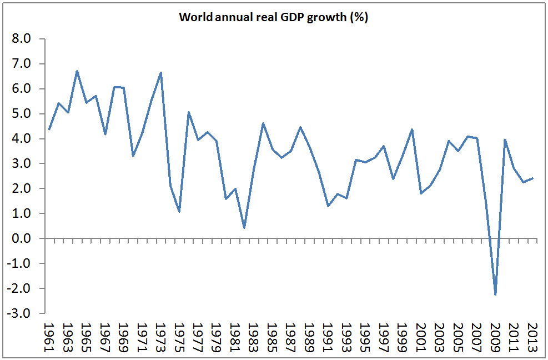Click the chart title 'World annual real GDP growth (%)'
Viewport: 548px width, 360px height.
274,17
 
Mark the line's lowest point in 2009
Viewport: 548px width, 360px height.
495,294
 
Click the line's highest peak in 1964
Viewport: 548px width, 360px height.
77,71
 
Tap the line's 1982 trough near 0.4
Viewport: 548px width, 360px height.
244,228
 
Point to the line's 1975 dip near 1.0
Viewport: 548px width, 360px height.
179,212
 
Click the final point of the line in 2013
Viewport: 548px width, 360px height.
532,178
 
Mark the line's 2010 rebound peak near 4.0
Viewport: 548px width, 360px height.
505,140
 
